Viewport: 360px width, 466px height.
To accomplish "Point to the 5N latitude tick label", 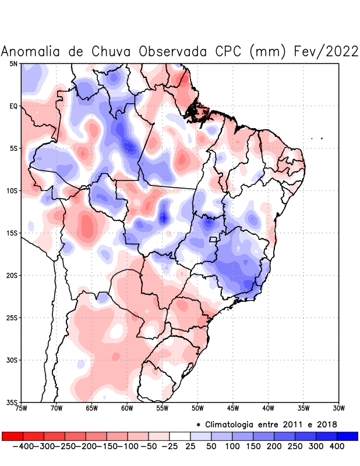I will tap(13, 63).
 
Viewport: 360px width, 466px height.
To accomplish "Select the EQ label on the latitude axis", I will tap(13, 106).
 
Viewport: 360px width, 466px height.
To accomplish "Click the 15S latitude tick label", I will tap(12, 233).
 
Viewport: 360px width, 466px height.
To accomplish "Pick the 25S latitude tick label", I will tap(12, 318).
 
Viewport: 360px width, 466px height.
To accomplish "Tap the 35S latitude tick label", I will tap(12, 403).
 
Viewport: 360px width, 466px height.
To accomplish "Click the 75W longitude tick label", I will tap(22, 408).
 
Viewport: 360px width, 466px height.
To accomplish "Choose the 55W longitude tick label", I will tap(163, 408).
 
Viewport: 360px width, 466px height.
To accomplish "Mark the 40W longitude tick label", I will tap(269, 408).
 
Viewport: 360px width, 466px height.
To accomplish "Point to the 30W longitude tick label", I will tap(339, 408).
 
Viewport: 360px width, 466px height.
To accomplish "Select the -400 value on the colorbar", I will tap(23, 446).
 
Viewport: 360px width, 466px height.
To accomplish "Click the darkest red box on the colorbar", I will tap(12, 436).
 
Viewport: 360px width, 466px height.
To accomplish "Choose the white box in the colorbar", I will tap(179, 436).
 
